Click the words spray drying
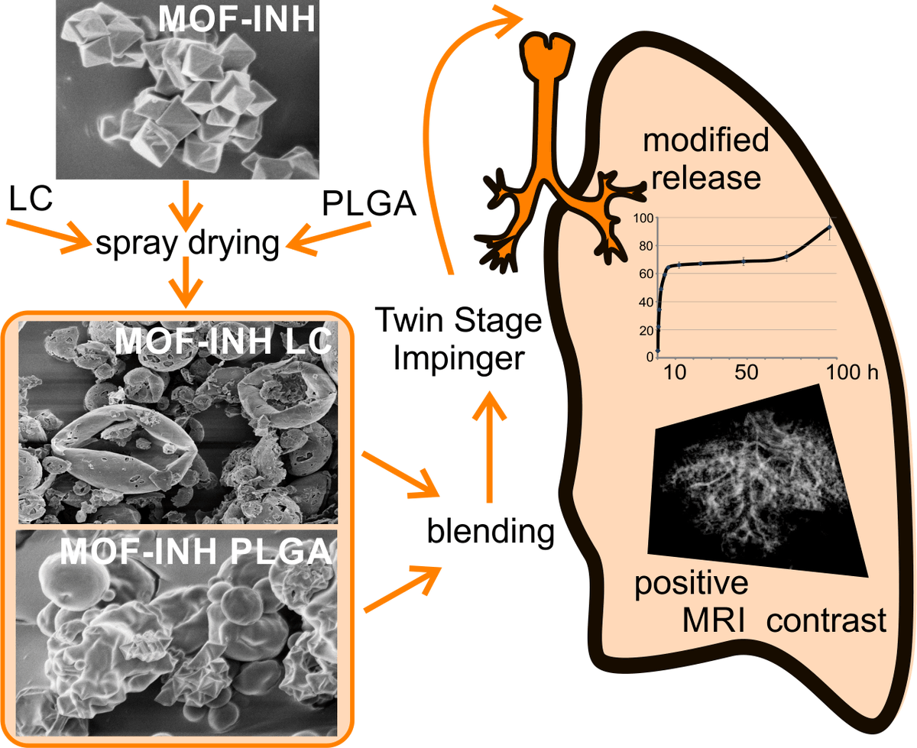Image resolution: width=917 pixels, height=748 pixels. pyautogui.click(x=189, y=244)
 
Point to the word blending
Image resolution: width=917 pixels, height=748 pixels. pyautogui.click(x=490, y=531)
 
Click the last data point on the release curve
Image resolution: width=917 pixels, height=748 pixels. pyautogui.click(x=829, y=227)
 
